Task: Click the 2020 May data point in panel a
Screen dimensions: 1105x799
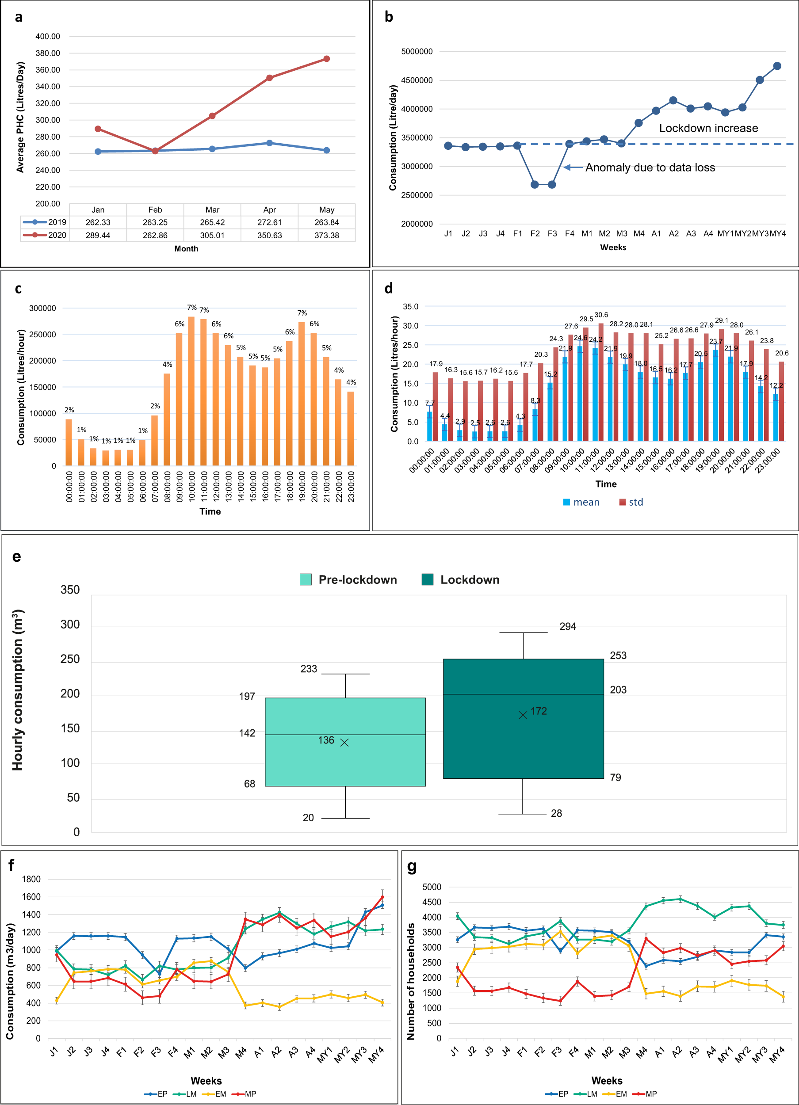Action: pos(327,59)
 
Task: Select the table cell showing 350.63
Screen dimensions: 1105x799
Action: pos(270,235)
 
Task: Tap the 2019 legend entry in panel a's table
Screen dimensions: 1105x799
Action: pos(45,222)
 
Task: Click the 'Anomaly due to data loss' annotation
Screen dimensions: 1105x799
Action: pos(650,168)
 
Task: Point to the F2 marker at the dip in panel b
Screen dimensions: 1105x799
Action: pos(535,185)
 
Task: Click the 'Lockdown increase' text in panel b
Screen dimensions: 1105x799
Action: pos(708,128)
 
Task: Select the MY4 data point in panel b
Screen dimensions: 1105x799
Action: pos(777,66)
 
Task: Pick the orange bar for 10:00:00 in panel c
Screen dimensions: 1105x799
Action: pos(191,391)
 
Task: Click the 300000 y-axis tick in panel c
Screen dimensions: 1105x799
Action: pos(42,309)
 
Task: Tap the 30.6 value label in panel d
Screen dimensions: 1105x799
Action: pos(601,315)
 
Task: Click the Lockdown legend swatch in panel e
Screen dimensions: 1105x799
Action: pos(428,579)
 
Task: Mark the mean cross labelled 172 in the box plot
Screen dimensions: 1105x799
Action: pos(523,715)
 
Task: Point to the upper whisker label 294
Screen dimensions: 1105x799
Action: pos(567,627)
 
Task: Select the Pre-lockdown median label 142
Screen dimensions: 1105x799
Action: pos(247,733)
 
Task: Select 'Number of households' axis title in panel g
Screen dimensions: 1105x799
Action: pos(410,981)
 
